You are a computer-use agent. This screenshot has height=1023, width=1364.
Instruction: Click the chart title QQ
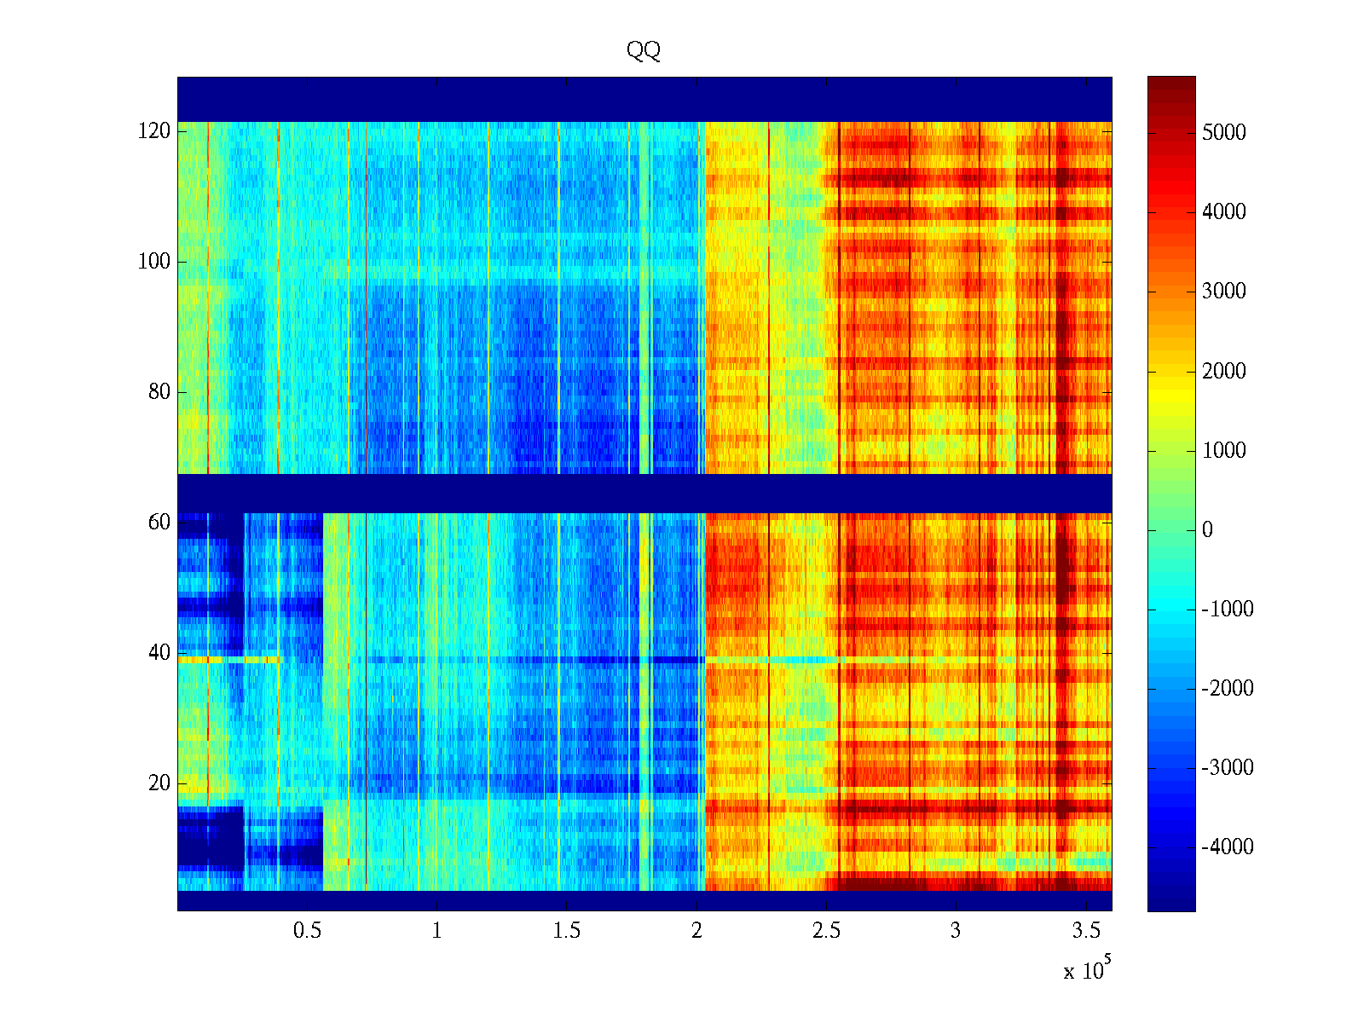tap(644, 50)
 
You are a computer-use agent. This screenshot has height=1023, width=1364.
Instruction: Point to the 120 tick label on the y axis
tap(154, 131)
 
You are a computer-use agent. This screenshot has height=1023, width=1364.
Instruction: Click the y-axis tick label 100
tap(154, 262)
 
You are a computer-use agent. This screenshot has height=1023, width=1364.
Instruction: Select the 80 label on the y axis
tap(159, 392)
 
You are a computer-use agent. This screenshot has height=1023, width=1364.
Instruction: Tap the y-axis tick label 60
tap(159, 523)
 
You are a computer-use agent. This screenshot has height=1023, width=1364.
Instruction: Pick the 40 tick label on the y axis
tap(159, 653)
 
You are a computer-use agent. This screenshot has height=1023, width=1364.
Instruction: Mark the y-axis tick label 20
tap(159, 783)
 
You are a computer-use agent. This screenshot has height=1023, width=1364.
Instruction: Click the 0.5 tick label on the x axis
tap(307, 931)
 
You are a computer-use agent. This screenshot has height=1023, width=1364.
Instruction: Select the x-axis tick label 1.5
tap(567, 931)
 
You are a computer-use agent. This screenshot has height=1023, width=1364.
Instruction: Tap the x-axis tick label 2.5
tap(826, 931)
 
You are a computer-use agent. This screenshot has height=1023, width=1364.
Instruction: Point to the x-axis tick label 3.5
tap(1086, 931)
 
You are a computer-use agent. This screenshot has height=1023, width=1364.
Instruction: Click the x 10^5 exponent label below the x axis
tap(1086, 970)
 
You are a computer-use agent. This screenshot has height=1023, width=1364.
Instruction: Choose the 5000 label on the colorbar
tap(1223, 132)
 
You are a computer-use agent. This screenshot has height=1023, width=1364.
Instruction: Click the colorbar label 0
tap(1207, 530)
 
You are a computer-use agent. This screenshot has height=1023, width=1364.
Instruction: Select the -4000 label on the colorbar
tap(1227, 847)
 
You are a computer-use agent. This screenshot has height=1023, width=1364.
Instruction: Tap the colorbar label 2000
tap(1223, 371)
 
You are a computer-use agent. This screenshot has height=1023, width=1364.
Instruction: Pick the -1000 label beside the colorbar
tap(1227, 610)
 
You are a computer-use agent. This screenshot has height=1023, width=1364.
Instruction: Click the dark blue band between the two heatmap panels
tap(644, 494)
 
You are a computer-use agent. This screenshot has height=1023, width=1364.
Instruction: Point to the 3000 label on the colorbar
tap(1223, 292)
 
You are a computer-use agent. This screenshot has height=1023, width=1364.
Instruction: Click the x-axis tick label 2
tap(696, 931)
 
